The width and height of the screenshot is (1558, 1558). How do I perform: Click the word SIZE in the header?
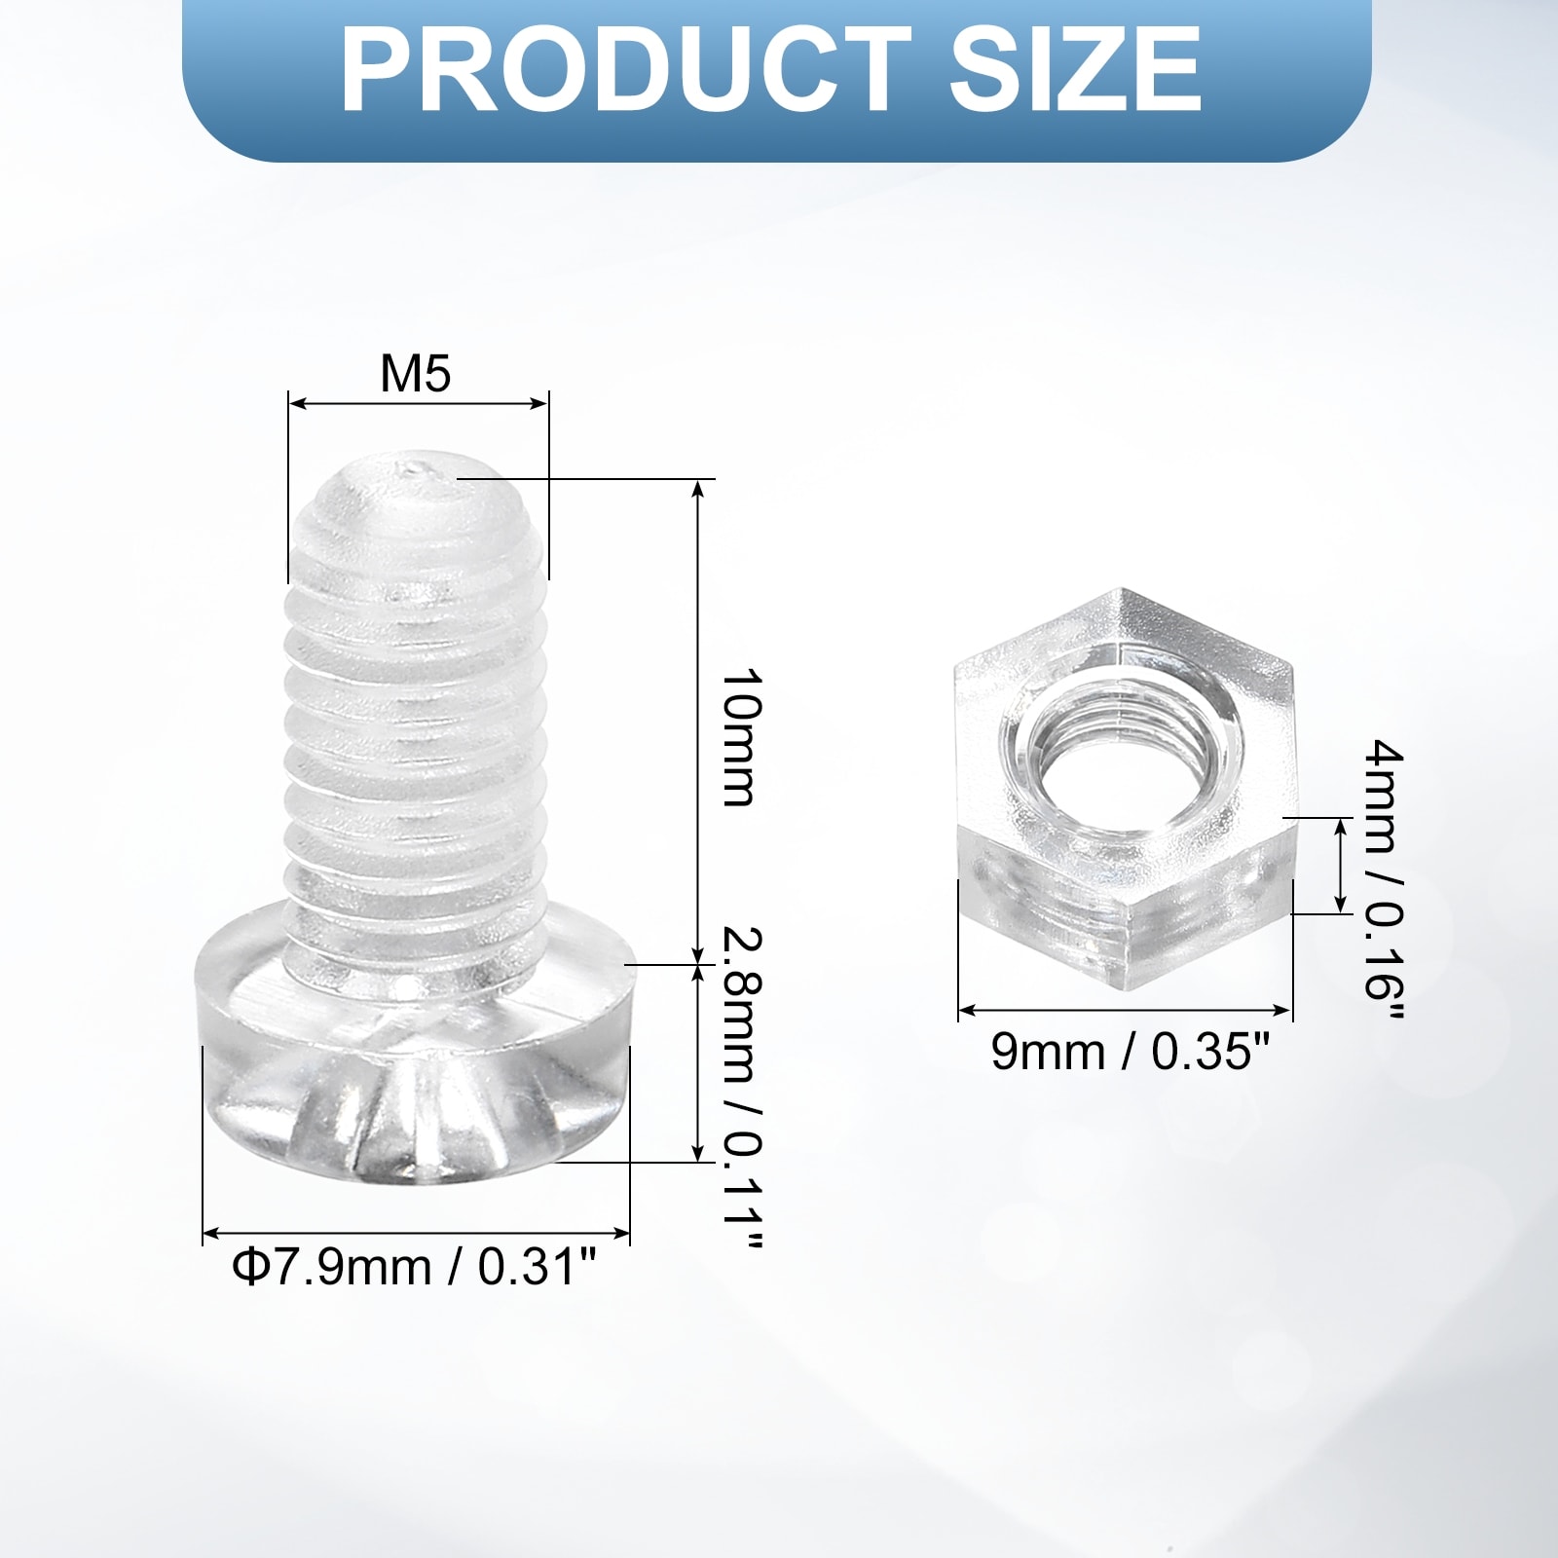click(1076, 71)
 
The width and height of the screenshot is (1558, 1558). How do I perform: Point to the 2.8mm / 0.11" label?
click(741, 1089)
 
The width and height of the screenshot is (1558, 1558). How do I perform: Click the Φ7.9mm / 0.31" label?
click(414, 1268)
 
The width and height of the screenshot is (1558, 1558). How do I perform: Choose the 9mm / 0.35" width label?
click(1131, 1052)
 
